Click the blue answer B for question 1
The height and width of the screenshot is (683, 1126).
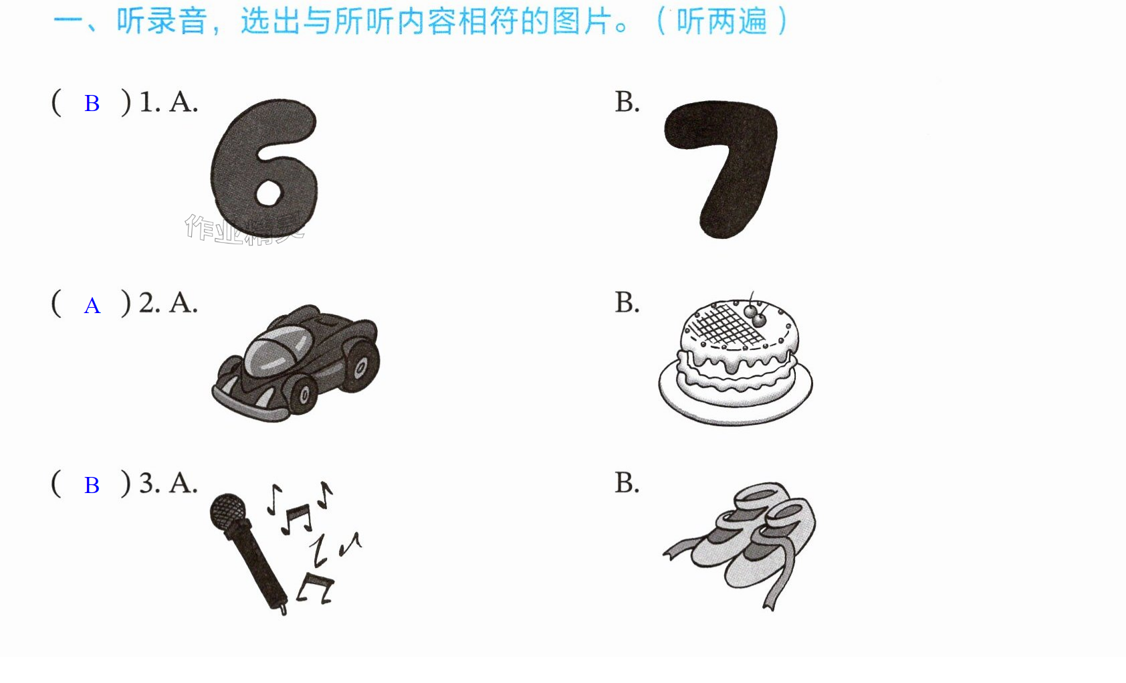tap(92, 104)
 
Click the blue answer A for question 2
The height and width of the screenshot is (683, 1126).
tap(92, 306)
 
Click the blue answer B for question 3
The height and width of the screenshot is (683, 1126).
tap(92, 486)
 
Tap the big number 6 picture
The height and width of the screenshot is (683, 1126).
tap(264, 169)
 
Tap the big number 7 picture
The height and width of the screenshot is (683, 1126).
tap(720, 169)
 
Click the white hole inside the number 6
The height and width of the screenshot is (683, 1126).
tap(268, 193)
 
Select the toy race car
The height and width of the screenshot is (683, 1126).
tap(296, 363)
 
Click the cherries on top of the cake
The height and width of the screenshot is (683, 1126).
tap(756, 315)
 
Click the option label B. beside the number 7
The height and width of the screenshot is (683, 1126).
tap(627, 102)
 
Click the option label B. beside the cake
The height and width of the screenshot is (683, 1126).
tap(627, 303)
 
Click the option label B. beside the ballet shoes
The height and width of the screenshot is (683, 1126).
tap(627, 483)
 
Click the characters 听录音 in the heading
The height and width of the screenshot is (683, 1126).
tap(161, 21)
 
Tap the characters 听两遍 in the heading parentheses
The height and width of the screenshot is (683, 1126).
tap(721, 21)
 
